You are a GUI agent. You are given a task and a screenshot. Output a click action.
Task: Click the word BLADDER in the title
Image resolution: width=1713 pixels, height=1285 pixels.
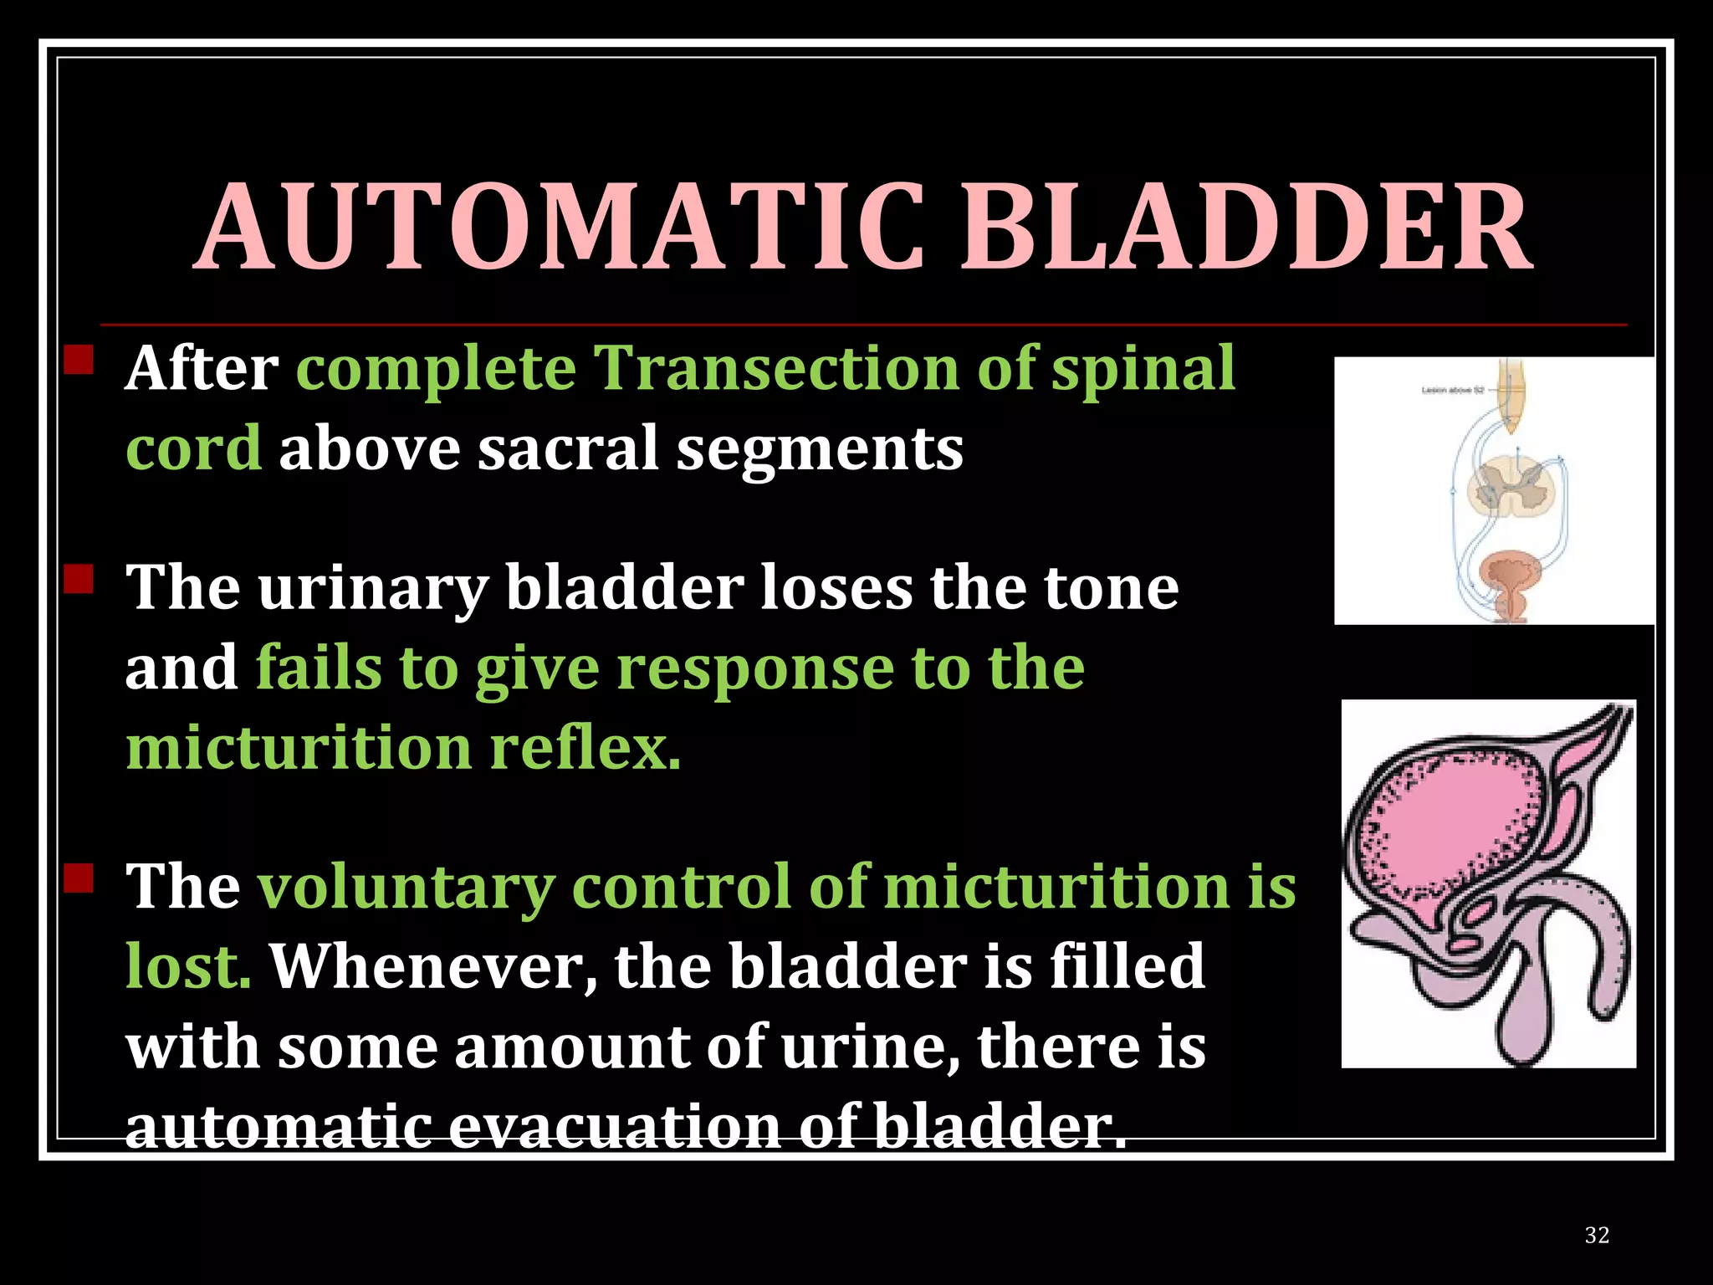coord(1246,228)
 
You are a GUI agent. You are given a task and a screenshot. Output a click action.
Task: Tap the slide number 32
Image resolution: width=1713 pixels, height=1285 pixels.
coord(1596,1235)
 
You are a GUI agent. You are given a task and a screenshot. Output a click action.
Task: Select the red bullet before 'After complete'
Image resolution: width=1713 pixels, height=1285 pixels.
coord(79,360)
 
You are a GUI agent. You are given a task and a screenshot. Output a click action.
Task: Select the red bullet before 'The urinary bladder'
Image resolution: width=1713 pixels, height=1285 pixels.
coord(79,579)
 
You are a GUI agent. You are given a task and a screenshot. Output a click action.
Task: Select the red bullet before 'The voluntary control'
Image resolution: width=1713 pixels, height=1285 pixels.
coord(79,878)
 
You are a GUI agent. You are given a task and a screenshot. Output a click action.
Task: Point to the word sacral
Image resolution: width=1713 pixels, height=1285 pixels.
coord(568,448)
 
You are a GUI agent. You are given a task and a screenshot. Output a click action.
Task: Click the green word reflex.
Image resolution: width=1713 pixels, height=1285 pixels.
coord(585,747)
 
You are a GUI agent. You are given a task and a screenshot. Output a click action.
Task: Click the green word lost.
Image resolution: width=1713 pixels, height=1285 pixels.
coord(188,966)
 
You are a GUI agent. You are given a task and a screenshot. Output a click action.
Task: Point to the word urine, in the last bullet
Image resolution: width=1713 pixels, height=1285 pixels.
coord(870,1047)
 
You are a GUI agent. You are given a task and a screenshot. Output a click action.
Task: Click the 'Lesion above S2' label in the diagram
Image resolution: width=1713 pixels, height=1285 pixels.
coord(1453,390)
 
